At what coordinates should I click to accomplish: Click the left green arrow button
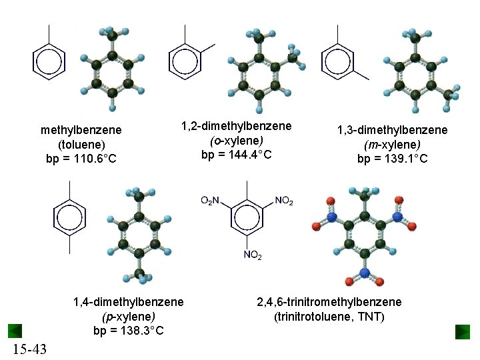(x=15, y=331)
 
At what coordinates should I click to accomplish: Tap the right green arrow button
(x=463, y=331)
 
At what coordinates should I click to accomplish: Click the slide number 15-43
(x=29, y=349)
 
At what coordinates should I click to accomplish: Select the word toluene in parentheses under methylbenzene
(x=81, y=144)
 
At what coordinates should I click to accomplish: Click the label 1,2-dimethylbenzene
(x=237, y=126)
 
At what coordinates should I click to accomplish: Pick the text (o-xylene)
(x=237, y=141)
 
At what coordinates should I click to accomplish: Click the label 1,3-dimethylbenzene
(x=392, y=130)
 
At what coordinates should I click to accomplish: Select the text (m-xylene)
(x=392, y=145)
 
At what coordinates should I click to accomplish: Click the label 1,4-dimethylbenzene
(x=128, y=302)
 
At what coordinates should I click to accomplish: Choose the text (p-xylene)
(x=128, y=317)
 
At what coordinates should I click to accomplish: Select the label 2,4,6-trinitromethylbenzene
(x=329, y=302)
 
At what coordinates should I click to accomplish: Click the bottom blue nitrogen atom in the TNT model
(x=365, y=273)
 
